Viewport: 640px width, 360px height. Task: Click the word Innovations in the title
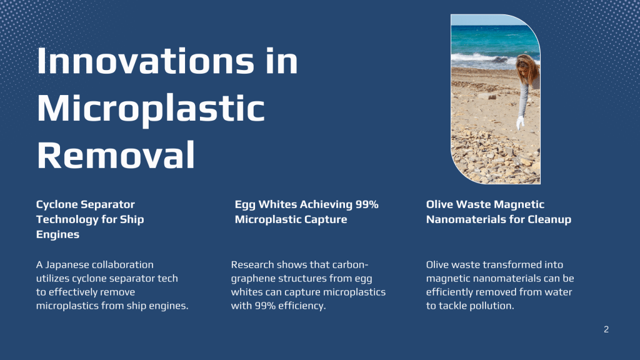tap(145, 61)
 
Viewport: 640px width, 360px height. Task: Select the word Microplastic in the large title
tap(151, 109)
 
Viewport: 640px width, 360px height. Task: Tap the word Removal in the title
tap(116, 155)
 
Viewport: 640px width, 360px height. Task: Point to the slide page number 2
tap(606, 329)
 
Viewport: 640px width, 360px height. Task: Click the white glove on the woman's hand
tap(520, 122)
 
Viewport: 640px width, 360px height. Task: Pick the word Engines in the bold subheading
tap(57, 235)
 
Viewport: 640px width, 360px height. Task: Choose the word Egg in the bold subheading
tap(244, 205)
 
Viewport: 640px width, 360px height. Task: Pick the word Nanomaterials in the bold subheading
tap(466, 219)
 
